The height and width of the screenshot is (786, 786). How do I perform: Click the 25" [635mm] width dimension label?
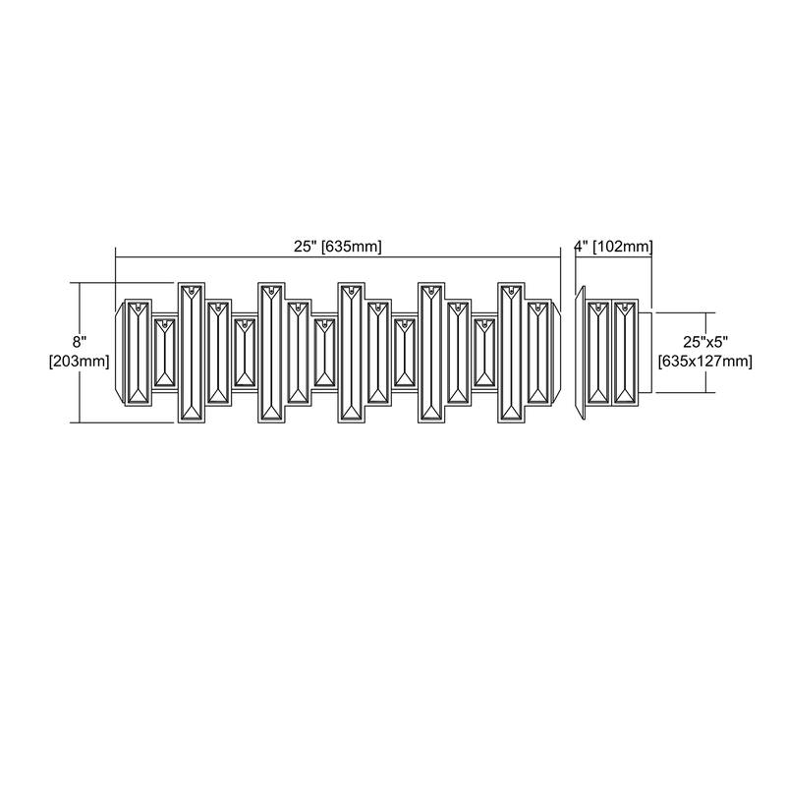coord(337,247)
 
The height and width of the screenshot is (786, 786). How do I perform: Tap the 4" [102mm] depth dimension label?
coord(613,247)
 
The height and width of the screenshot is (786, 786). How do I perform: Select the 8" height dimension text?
coord(80,342)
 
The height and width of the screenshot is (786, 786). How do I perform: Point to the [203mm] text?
coord(79,361)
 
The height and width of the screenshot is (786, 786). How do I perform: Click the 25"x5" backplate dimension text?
coord(705,342)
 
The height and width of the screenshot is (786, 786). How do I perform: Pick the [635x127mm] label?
coord(705,361)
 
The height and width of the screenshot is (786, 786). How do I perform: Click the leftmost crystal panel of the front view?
coord(138,353)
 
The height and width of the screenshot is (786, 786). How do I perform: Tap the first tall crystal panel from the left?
coord(192,353)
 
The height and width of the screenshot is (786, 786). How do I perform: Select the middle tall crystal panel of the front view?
coord(351,353)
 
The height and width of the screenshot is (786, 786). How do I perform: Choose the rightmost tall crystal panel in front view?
coord(511,353)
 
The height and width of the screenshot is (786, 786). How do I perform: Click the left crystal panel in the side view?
coord(598,353)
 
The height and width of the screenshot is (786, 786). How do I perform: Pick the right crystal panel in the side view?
coord(625,353)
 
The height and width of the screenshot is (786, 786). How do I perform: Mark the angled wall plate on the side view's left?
coord(581,353)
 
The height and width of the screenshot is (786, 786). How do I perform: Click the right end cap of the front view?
coord(556,353)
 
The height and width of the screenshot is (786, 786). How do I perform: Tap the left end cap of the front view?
coord(120,353)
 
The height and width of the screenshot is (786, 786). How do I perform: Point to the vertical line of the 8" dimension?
coord(80,353)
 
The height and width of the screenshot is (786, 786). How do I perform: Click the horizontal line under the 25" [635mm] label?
coord(338,257)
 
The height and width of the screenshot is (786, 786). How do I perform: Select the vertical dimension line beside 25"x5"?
coord(707,353)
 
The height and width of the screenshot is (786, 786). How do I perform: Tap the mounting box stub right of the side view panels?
coord(646,353)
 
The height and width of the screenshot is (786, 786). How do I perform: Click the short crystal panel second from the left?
coord(164,353)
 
